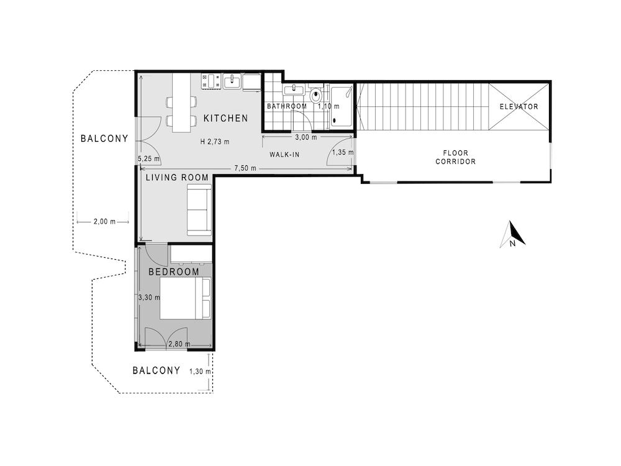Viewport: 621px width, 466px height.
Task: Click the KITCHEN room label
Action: (225, 118)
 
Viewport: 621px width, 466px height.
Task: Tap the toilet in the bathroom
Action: (316, 96)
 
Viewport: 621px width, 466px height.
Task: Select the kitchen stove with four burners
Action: (209, 81)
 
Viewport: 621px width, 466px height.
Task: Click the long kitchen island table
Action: (181, 103)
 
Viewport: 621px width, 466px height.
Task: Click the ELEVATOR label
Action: (519, 107)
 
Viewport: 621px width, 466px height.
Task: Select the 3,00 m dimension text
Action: (306, 137)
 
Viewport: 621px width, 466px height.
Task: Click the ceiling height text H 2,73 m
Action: (214, 142)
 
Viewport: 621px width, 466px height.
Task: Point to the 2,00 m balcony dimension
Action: (103, 221)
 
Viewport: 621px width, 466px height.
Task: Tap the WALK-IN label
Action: (284, 154)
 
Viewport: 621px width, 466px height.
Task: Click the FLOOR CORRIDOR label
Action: (455, 157)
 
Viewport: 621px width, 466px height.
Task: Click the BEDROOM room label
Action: (174, 272)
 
